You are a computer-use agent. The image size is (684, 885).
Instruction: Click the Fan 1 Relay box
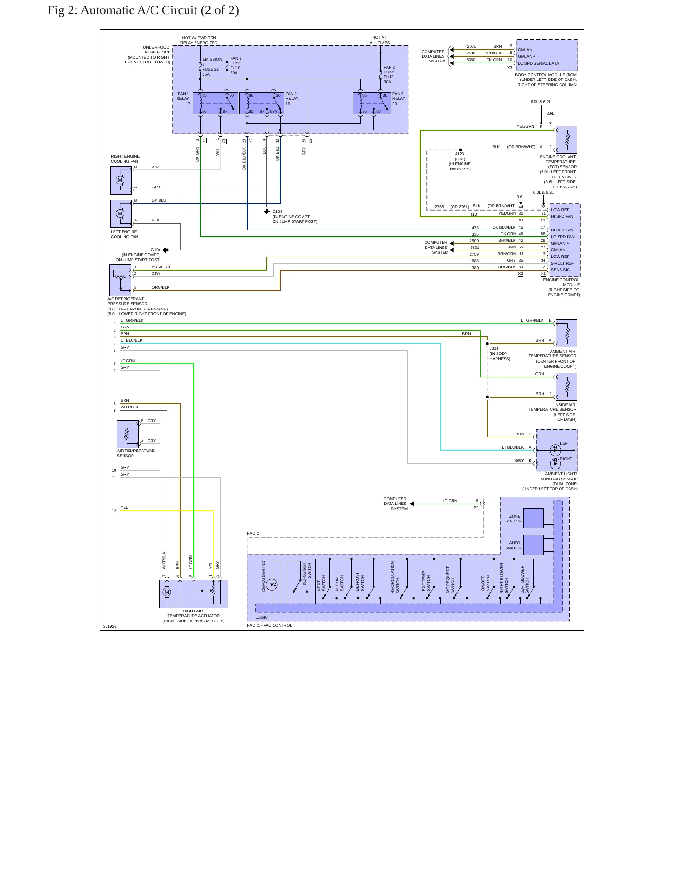215,103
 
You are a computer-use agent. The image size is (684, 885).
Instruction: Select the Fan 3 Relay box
372,103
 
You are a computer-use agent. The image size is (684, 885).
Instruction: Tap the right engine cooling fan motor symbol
120,180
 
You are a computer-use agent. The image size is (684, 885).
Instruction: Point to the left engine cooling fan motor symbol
120,213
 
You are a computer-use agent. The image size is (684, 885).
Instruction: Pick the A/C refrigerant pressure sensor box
120,280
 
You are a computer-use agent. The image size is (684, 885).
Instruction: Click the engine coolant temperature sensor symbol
566,140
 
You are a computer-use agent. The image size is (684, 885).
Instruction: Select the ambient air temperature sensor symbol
566,333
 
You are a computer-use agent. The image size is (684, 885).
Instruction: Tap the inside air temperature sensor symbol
566,387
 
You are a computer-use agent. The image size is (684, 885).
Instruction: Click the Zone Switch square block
533,518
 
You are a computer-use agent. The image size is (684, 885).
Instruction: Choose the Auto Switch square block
533,545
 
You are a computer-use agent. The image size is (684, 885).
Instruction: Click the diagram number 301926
110,626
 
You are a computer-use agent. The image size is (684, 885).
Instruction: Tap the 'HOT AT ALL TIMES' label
380,40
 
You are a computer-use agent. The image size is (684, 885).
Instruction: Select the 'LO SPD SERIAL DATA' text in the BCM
538,63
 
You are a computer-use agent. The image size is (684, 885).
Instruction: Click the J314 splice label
494,348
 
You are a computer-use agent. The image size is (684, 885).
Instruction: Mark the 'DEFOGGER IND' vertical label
264,576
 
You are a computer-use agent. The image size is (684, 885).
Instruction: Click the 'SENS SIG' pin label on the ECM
560,270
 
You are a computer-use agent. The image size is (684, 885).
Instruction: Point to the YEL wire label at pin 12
124,507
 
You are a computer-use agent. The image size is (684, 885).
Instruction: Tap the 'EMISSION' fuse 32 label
212,59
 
